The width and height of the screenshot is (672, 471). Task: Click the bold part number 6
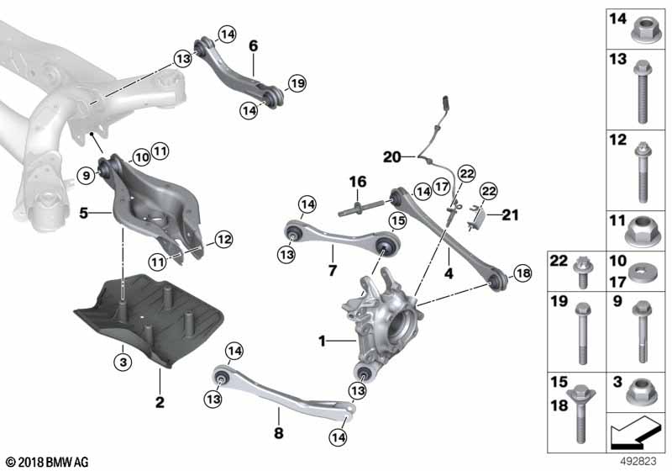[x=254, y=45]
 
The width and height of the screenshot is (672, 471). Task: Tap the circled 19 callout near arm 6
[x=297, y=83]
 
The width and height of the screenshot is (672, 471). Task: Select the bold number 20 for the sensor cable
[x=392, y=157]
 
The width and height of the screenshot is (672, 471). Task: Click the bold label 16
[x=358, y=182]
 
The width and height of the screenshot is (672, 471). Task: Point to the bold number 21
[x=510, y=214]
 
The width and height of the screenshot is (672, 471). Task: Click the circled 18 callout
[x=522, y=273]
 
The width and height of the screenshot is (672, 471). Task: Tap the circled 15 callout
[x=397, y=221]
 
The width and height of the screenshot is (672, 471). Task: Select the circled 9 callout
[x=87, y=175]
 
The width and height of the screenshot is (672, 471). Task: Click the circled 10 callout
[x=141, y=157]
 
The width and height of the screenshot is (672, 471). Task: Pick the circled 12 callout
[x=223, y=240]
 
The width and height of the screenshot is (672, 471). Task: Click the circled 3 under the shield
[x=123, y=363]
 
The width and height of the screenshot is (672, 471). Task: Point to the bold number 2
[x=160, y=402]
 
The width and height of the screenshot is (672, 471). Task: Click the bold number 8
[x=279, y=433]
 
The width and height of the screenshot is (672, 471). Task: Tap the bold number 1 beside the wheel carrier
[x=322, y=341]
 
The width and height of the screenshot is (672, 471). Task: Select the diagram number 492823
[x=638, y=462]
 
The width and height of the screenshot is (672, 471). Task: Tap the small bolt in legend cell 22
[x=580, y=272]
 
